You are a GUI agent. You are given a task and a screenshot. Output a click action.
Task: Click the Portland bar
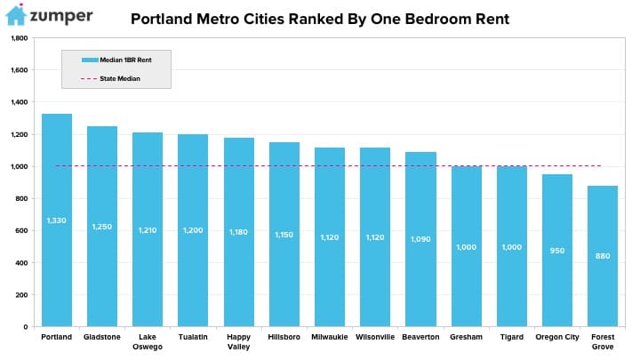click(x=57, y=220)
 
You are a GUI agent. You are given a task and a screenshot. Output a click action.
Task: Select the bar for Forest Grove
click(x=603, y=256)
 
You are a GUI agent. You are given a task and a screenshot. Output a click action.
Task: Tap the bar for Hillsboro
click(x=284, y=235)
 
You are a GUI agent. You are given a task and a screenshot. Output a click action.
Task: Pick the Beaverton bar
click(x=420, y=239)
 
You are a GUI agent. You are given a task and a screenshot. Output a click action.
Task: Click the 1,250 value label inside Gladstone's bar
click(x=101, y=227)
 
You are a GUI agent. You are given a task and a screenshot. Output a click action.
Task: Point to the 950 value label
click(x=556, y=251)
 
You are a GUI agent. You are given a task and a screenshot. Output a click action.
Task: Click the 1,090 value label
click(x=420, y=239)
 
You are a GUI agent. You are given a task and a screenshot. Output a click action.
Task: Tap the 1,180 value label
click(x=238, y=232)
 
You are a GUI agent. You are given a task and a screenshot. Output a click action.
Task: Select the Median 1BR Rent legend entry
click(x=116, y=60)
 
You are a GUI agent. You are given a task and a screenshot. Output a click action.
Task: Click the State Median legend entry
click(x=110, y=78)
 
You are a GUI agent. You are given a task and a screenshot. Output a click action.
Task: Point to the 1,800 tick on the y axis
click(x=20, y=38)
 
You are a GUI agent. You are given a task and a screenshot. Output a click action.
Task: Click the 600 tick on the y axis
click(x=21, y=230)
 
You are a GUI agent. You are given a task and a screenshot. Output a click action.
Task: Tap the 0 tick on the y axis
click(x=25, y=327)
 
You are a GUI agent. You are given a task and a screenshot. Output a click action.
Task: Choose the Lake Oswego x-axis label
click(x=148, y=341)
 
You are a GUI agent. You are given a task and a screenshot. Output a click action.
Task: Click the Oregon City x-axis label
click(x=557, y=337)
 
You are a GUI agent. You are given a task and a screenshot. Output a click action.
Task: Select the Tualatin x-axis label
click(x=193, y=337)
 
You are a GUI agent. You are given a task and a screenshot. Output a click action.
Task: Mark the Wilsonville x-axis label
click(x=375, y=337)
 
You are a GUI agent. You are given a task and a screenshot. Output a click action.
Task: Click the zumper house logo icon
click(x=16, y=15)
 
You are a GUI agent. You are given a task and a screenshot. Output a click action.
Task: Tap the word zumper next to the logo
click(x=61, y=17)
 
